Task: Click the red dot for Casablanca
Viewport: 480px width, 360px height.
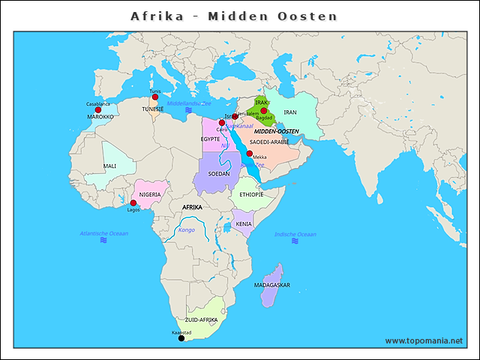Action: (x=98, y=110)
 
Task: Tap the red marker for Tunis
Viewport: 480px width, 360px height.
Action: (x=154, y=97)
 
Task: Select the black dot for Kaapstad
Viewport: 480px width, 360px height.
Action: (x=181, y=338)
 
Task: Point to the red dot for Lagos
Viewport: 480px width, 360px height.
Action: (x=133, y=203)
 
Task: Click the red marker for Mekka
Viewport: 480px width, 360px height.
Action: (x=249, y=153)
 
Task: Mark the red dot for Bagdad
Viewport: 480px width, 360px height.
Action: (x=263, y=111)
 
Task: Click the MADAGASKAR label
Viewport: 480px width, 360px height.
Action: (x=272, y=285)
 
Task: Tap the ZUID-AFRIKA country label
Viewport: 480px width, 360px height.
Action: (x=201, y=319)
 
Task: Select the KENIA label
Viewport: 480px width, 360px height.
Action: (x=244, y=223)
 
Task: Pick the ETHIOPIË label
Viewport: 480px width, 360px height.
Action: (x=251, y=194)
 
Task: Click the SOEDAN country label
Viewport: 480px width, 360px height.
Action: (x=219, y=173)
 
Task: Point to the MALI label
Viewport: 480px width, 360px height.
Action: (x=109, y=166)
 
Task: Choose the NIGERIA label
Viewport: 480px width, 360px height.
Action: (x=150, y=194)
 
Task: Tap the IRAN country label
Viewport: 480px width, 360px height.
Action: (x=291, y=112)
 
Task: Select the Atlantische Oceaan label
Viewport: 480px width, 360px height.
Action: (x=104, y=234)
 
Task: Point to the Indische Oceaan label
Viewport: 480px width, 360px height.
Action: (x=295, y=235)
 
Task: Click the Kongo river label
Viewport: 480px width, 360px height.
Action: (x=186, y=229)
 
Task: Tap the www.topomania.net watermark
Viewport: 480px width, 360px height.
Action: (x=424, y=340)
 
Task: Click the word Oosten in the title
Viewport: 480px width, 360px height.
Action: (x=308, y=16)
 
